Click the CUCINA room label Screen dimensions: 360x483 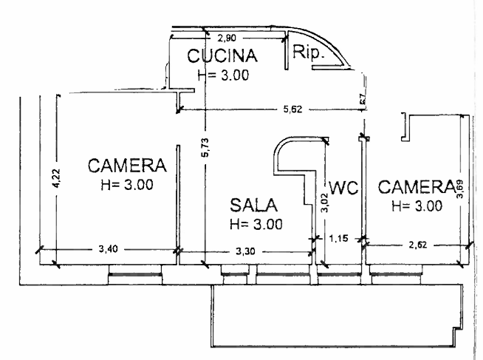(x=221, y=56)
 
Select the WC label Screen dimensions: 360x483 (x=343, y=188)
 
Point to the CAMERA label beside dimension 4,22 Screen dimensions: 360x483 (x=126, y=164)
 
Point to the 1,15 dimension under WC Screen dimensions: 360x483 (x=338, y=238)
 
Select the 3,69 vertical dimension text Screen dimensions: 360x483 (x=462, y=195)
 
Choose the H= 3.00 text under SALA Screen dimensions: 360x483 (x=256, y=223)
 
